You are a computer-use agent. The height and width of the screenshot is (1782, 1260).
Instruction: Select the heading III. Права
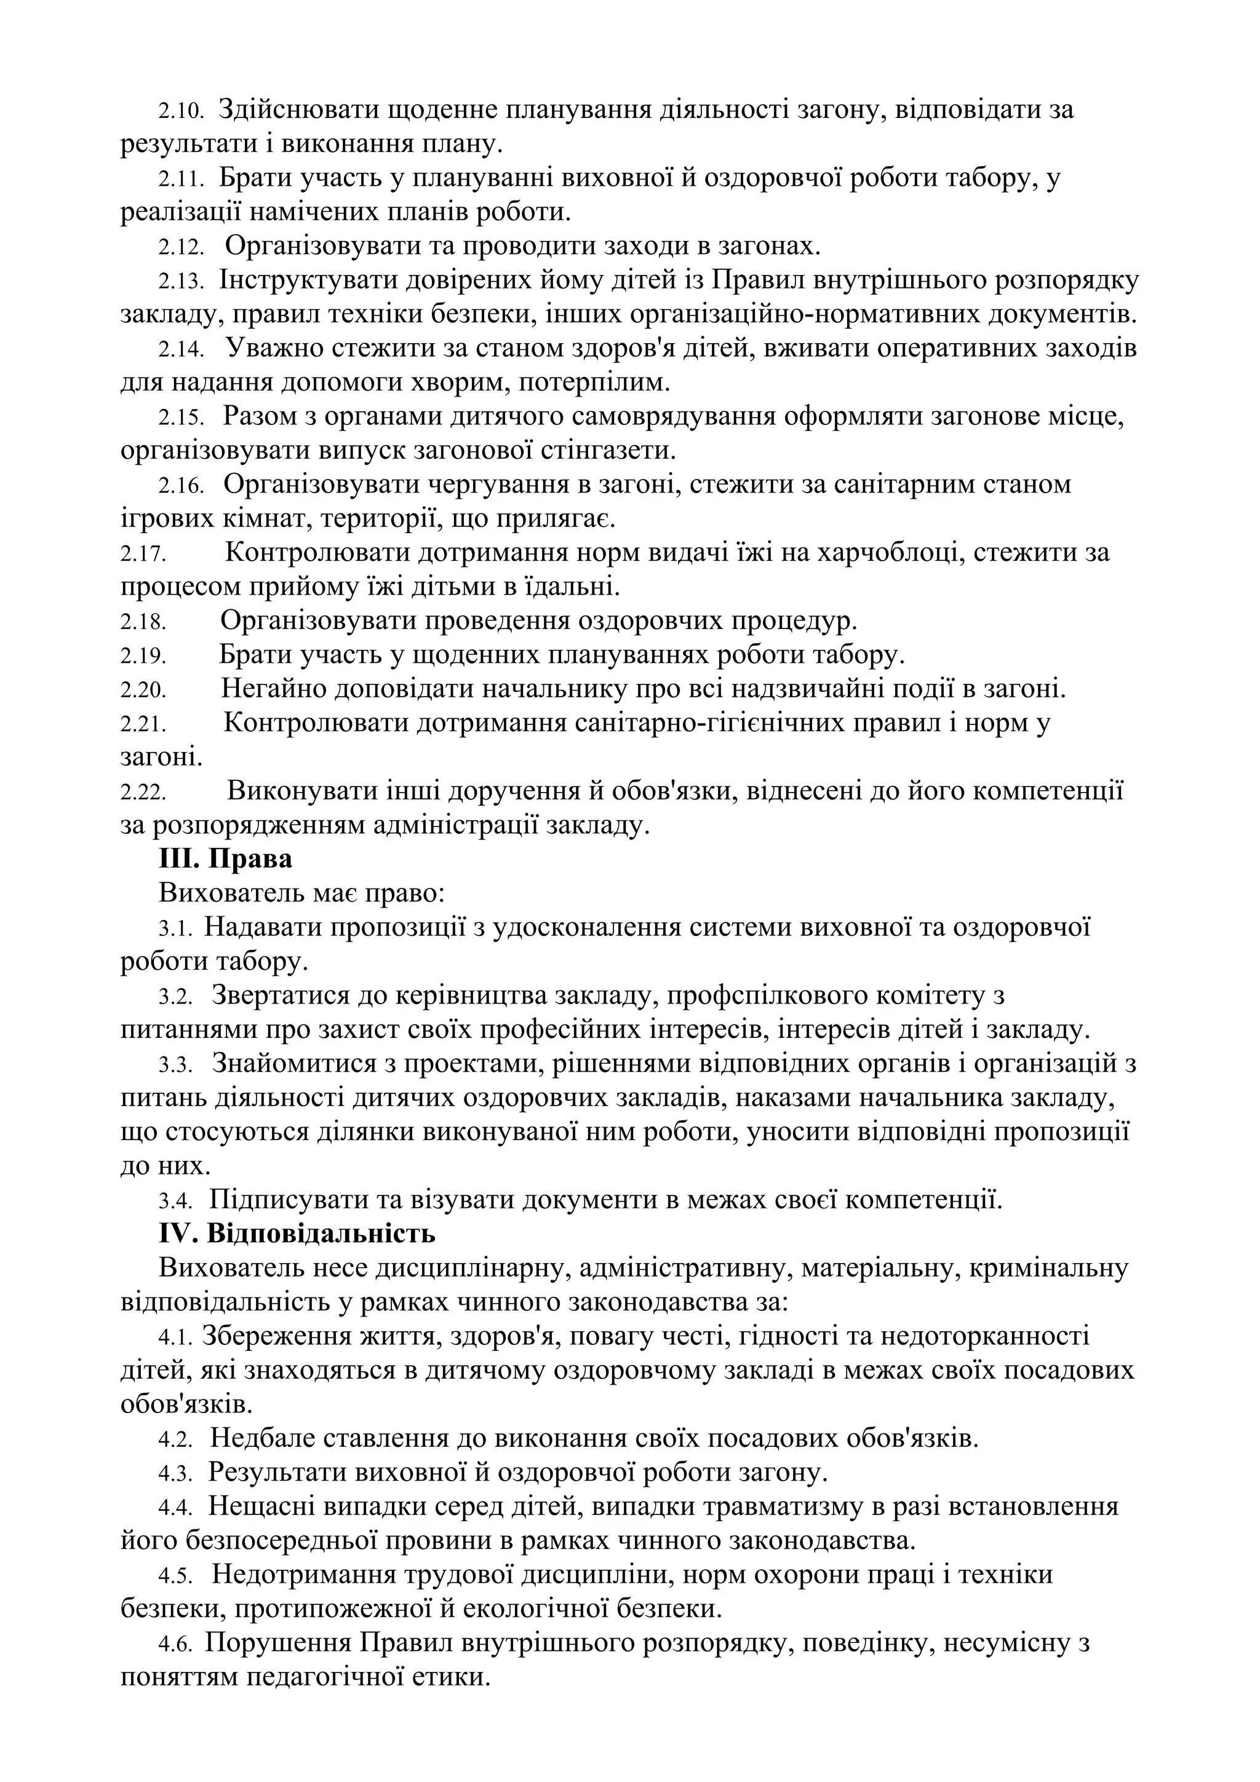(225, 859)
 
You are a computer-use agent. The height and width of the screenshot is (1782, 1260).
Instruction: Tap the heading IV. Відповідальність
(297, 1234)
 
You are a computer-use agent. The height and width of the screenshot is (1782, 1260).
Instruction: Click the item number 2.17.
(143, 554)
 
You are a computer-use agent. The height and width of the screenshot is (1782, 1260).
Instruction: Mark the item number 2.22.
(143, 793)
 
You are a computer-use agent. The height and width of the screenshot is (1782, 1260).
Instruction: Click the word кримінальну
(1049, 1268)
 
